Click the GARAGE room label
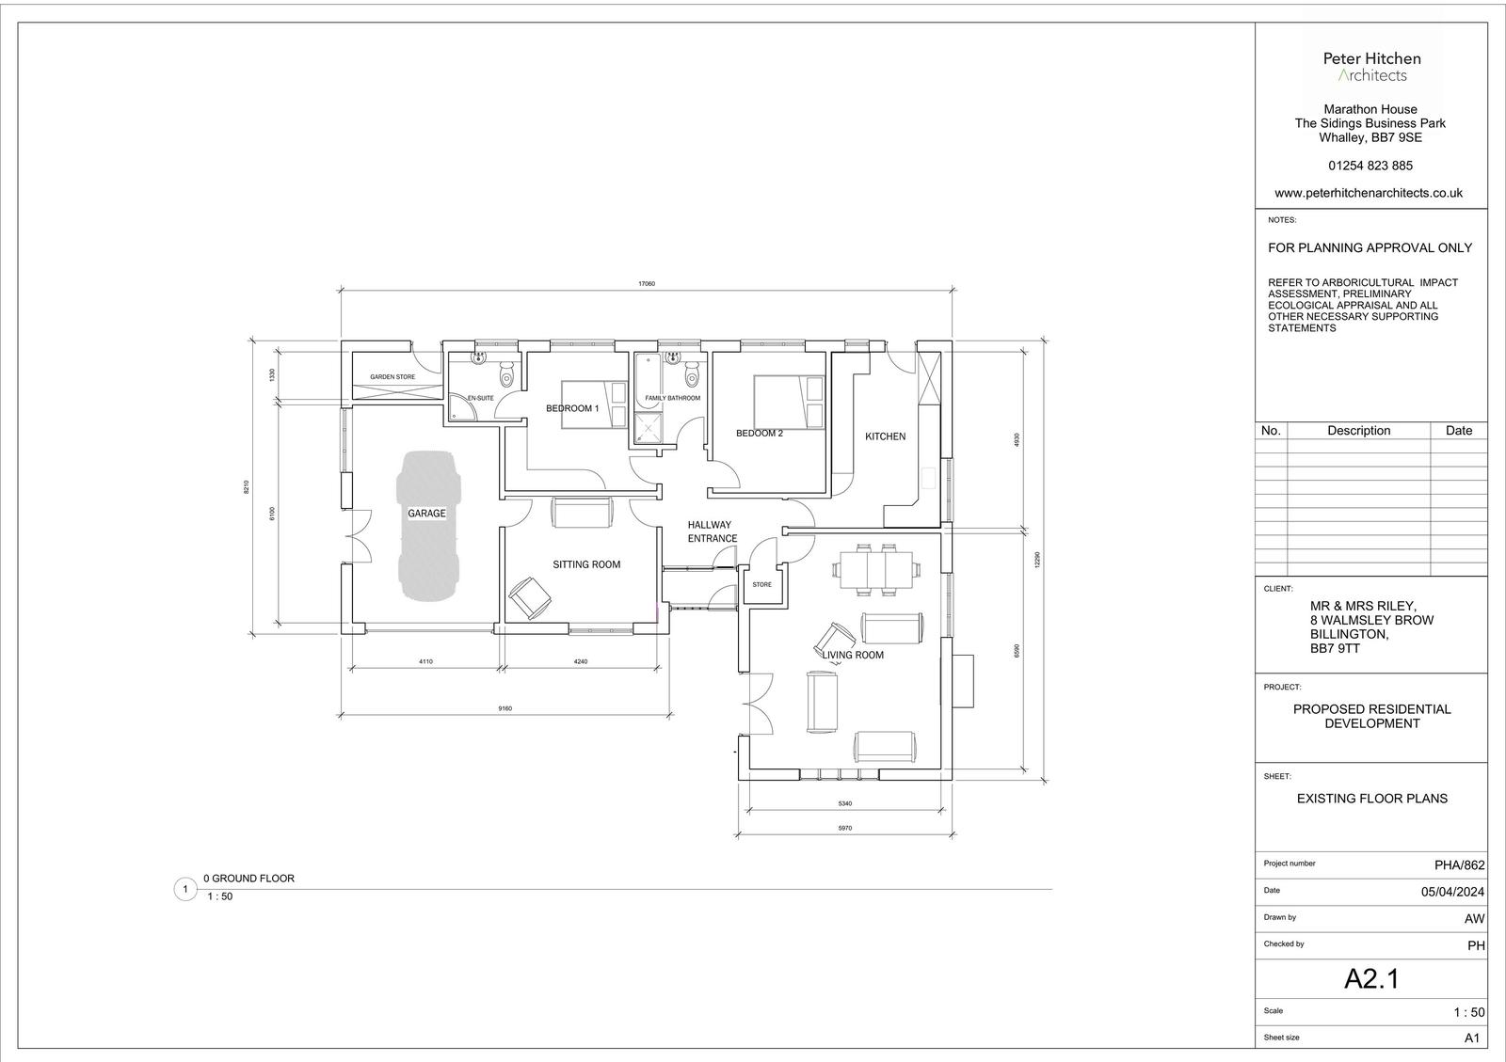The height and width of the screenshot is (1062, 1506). coord(426,514)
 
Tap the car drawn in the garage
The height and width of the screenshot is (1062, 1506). coord(428,525)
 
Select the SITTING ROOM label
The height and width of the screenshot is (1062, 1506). coord(586,565)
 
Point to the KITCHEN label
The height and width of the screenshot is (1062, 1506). coord(885,436)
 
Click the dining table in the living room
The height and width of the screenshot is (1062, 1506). coord(875,570)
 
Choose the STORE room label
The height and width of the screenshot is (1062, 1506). coord(761,584)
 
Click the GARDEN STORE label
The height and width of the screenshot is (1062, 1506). coord(393,377)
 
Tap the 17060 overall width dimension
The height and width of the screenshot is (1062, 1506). coord(646,283)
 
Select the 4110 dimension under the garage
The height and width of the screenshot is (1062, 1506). coord(425,661)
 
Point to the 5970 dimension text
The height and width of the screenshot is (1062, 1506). coord(845,828)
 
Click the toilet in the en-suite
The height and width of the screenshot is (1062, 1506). coord(506,372)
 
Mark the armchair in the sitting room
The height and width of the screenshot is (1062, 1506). coord(530,597)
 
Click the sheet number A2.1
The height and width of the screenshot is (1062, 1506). coord(1371,978)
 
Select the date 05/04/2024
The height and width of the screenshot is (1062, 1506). coord(1452,892)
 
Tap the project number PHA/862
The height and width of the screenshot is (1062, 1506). coord(1459,865)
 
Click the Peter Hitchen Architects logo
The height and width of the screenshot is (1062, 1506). coord(1371,67)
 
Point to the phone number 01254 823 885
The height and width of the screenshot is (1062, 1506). coord(1370,166)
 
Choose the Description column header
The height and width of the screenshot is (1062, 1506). coord(1358,431)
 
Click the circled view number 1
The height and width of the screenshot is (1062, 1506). coord(184,889)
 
